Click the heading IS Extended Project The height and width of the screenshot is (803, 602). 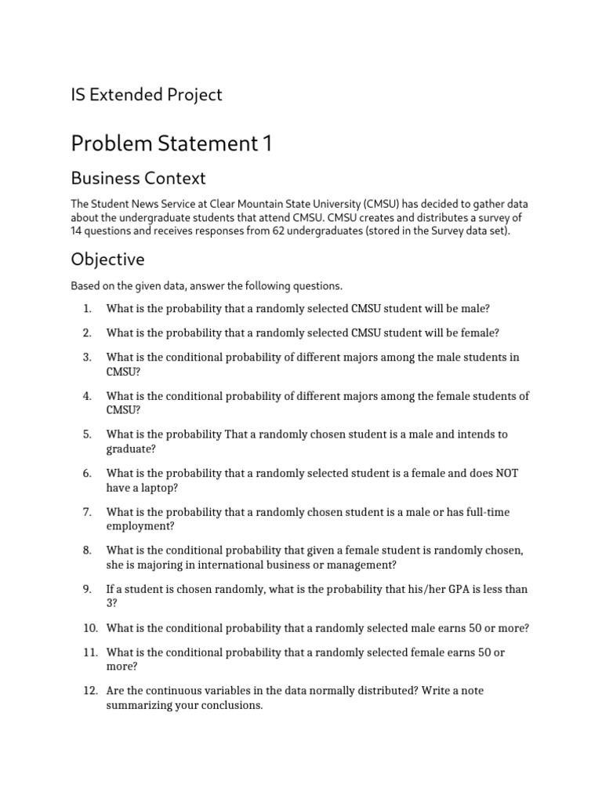point(147,95)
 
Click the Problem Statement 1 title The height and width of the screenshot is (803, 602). point(172,144)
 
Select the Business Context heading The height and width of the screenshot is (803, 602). point(138,178)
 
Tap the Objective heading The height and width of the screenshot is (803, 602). point(107,259)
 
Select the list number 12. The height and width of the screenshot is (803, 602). point(89,691)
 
